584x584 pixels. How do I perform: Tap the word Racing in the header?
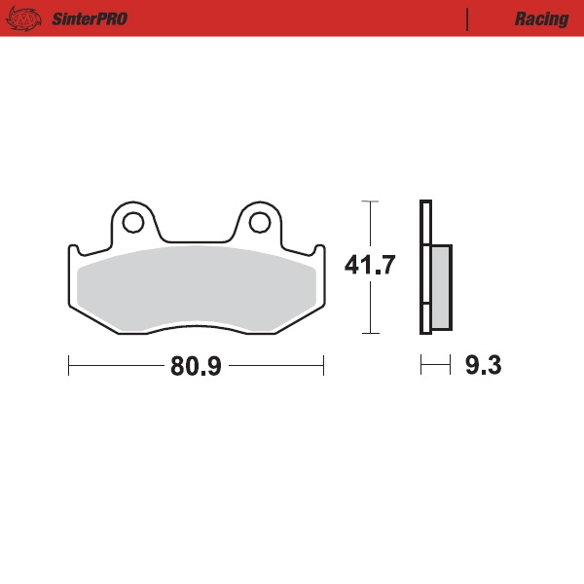click(x=541, y=18)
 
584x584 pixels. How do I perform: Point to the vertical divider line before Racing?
click(x=468, y=18)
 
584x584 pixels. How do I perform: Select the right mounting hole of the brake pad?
click(x=258, y=223)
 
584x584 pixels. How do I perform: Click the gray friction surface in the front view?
click(x=195, y=287)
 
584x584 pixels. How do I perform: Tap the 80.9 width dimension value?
click(x=196, y=366)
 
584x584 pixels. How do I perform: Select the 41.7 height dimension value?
click(x=370, y=265)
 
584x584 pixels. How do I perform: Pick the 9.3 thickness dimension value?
click(x=483, y=366)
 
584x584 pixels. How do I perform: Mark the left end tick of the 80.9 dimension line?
click(x=69, y=366)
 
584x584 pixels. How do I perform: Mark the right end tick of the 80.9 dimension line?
click(x=323, y=366)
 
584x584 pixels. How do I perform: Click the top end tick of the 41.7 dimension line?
click(x=369, y=201)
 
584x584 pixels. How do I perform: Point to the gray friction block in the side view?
click(x=440, y=286)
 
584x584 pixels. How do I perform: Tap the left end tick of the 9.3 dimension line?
click(x=420, y=366)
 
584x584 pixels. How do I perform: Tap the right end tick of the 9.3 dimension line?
click(x=451, y=366)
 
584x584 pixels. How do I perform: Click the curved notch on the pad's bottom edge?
click(x=195, y=327)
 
